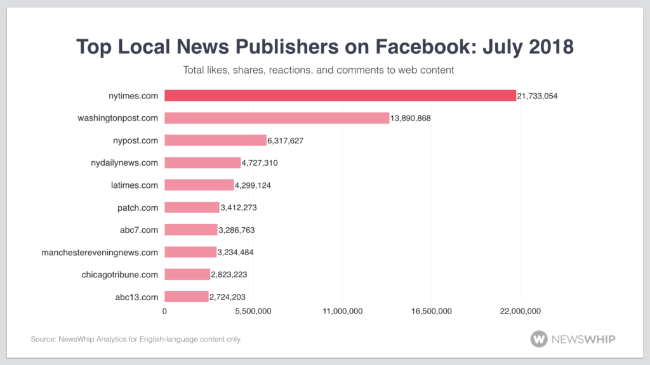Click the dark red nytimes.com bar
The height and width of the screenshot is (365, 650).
(x=340, y=96)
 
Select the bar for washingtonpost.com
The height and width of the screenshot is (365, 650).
(x=277, y=118)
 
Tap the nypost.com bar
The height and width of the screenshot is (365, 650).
(x=215, y=140)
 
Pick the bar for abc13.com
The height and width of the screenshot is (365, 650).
(x=187, y=296)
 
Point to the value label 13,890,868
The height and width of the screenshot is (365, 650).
(x=410, y=118)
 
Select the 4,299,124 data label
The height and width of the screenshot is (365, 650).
(x=256, y=185)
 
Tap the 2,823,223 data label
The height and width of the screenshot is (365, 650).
(x=232, y=274)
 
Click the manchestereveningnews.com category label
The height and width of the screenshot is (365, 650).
(x=100, y=252)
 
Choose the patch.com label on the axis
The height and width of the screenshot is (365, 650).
(x=138, y=208)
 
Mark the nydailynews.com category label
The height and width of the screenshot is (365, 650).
(x=124, y=163)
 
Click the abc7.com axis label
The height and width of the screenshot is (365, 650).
(x=139, y=230)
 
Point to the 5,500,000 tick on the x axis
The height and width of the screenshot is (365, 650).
(x=253, y=311)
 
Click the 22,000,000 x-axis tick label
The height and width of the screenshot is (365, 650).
(x=520, y=311)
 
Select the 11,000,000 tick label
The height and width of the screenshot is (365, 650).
(x=342, y=311)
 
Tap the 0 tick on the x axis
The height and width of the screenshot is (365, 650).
(x=165, y=311)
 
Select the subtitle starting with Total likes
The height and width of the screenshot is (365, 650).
(x=319, y=70)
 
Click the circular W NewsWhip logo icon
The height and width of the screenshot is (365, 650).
(x=539, y=339)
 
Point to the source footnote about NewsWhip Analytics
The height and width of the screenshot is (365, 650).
(x=136, y=340)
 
